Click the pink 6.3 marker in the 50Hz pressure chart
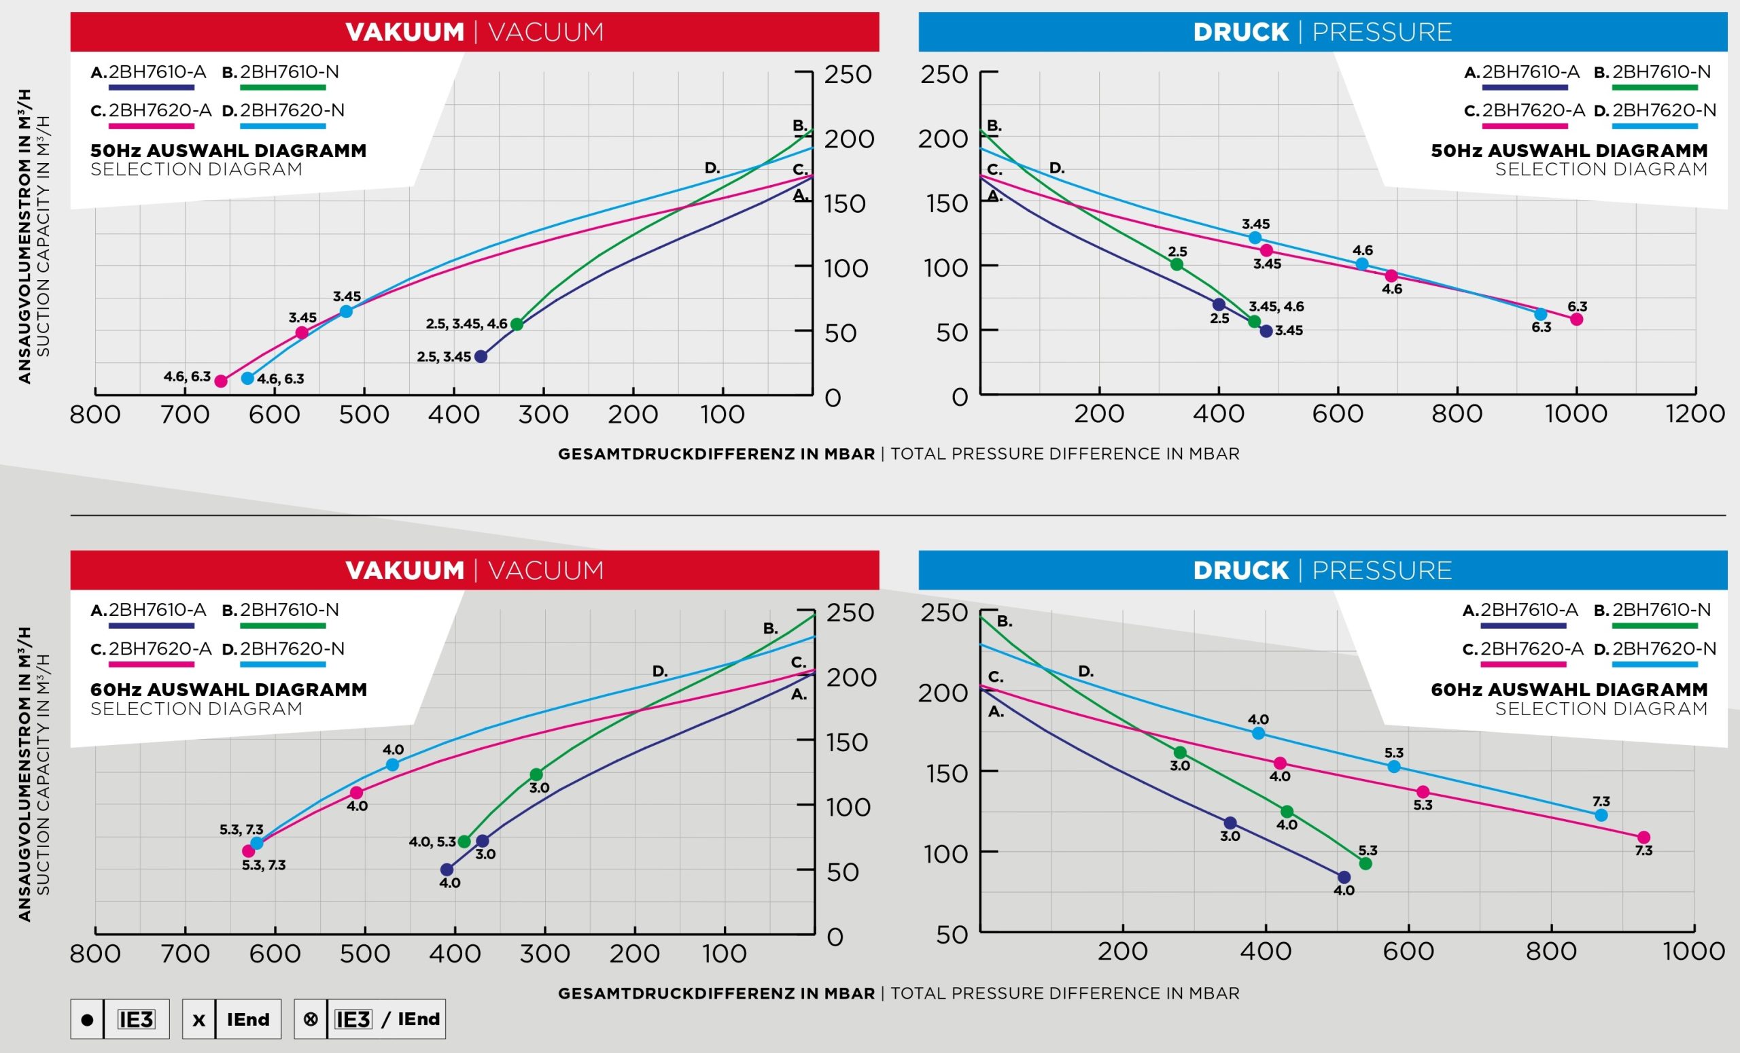[x=1577, y=320]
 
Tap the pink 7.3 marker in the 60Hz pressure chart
[x=1644, y=838]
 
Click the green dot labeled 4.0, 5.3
[x=464, y=842]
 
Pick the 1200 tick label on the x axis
[x=1696, y=414]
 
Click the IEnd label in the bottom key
[x=248, y=1019]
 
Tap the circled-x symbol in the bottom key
[x=310, y=1019]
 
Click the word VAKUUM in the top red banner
[x=404, y=32]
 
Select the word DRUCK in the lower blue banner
[x=1240, y=570]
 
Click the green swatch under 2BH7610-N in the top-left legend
[x=283, y=88]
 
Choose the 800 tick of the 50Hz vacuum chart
[x=95, y=415]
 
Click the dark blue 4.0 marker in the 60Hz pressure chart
[x=1344, y=877]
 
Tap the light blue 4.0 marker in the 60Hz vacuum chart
[x=393, y=765]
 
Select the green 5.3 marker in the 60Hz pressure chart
[x=1365, y=864]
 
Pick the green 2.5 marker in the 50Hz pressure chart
[x=1177, y=265]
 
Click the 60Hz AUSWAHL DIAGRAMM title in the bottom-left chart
[x=228, y=689]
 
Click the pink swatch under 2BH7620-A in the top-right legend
[x=1525, y=126]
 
